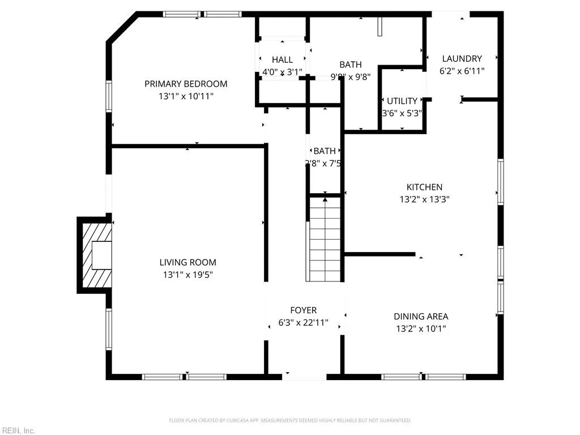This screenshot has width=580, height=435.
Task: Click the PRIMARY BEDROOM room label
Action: pyautogui.click(x=186, y=84)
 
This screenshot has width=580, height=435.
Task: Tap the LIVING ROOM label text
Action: pyautogui.click(x=187, y=262)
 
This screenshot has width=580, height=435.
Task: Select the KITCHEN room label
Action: pyautogui.click(x=424, y=187)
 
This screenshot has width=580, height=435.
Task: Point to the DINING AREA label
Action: pyautogui.click(x=421, y=317)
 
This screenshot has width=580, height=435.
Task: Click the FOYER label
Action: pyautogui.click(x=303, y=310)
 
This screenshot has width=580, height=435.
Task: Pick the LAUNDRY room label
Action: pyautogui.click(x=462, y=58)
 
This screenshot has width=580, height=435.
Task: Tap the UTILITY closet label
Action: pyautogui.click(x=402, y=101)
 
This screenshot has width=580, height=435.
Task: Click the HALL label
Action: pyautogui.click(x=282, y=59)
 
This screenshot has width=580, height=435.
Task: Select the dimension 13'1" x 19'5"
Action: pyautogui.click(x=187, y=275)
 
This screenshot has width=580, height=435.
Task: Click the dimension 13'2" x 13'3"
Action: pyautogui.click(x=424, y=199)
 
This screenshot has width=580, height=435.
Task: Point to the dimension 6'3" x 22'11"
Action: pyautogui.click(x=303, y=323)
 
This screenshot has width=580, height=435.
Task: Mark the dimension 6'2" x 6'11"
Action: pyautogui.click(x=462, y=71)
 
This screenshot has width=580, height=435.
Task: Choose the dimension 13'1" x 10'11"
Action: pyautogui.click(x=186, y=96)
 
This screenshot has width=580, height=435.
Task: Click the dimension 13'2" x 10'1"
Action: pyautogui.click(x=421, y=329)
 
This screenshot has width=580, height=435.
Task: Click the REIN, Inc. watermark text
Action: pyautogui.click(x=18, y=431)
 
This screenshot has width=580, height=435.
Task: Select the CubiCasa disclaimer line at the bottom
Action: pyautogui.click(x=290, y=420)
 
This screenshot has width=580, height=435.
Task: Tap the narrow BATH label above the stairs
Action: pyautogui.click(x=325, y=151)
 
